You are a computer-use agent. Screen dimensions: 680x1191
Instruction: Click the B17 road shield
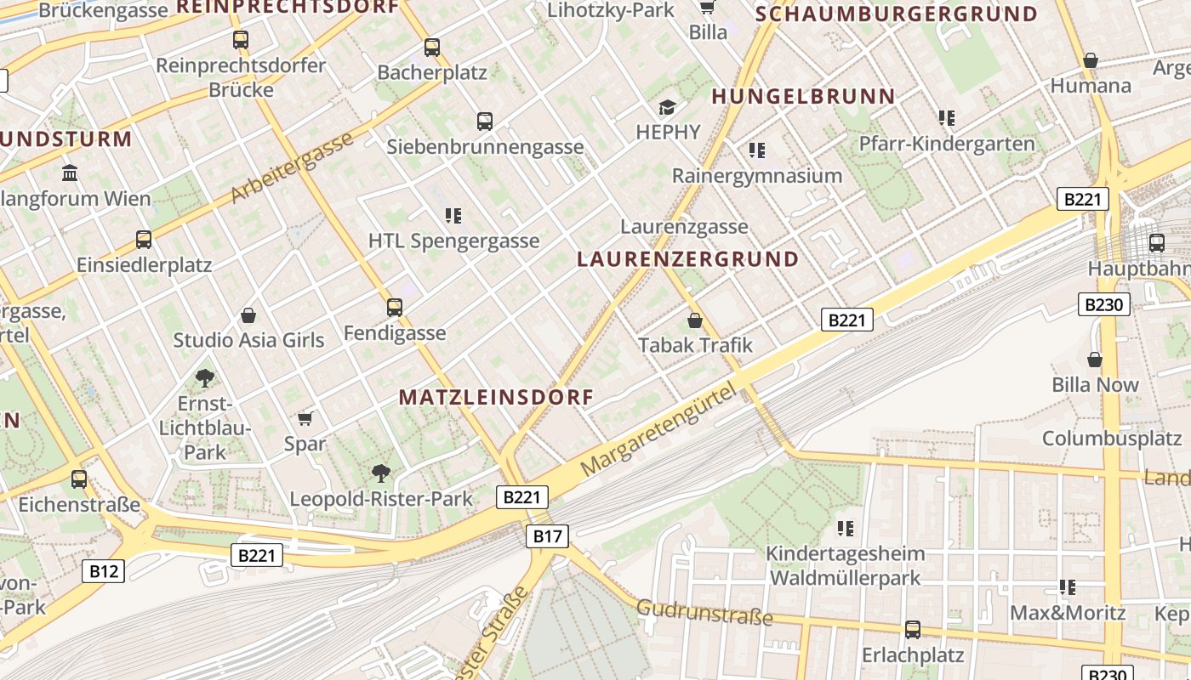coord(548,535)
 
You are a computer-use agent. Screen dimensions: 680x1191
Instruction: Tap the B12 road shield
coord(104,570)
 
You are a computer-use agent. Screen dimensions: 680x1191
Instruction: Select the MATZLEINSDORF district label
coord(496,397)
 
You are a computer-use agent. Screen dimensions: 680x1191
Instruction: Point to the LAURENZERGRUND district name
coord(688,259)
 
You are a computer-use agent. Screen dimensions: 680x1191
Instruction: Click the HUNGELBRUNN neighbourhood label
coord(804,97)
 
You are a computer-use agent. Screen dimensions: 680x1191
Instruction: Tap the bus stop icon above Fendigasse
coord(395,307)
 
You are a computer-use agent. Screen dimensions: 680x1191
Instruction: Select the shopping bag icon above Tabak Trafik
coord(695,320)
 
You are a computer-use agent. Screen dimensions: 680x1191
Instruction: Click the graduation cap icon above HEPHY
coord(668,107)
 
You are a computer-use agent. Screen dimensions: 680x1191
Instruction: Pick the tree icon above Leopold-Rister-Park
coord(381,473)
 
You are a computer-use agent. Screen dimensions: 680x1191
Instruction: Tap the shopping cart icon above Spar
coord(305,418)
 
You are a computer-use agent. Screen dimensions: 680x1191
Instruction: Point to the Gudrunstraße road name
coord(704,612)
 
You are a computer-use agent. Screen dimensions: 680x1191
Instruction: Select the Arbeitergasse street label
coord(292,167)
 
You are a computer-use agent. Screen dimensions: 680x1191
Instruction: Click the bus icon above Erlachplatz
coord(913,630)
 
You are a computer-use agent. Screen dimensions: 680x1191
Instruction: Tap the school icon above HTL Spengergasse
coord(453,216)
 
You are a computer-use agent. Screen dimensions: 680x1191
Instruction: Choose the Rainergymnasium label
coord(756,176)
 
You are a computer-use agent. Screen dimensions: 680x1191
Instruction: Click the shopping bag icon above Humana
coord(1091,60)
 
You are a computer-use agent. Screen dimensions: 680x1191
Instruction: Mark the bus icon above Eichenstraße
coord(79,479)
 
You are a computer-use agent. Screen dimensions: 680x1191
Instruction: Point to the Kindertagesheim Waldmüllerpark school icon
coord(845,529)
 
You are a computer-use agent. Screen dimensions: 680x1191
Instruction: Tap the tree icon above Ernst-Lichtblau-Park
coord(204,377)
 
